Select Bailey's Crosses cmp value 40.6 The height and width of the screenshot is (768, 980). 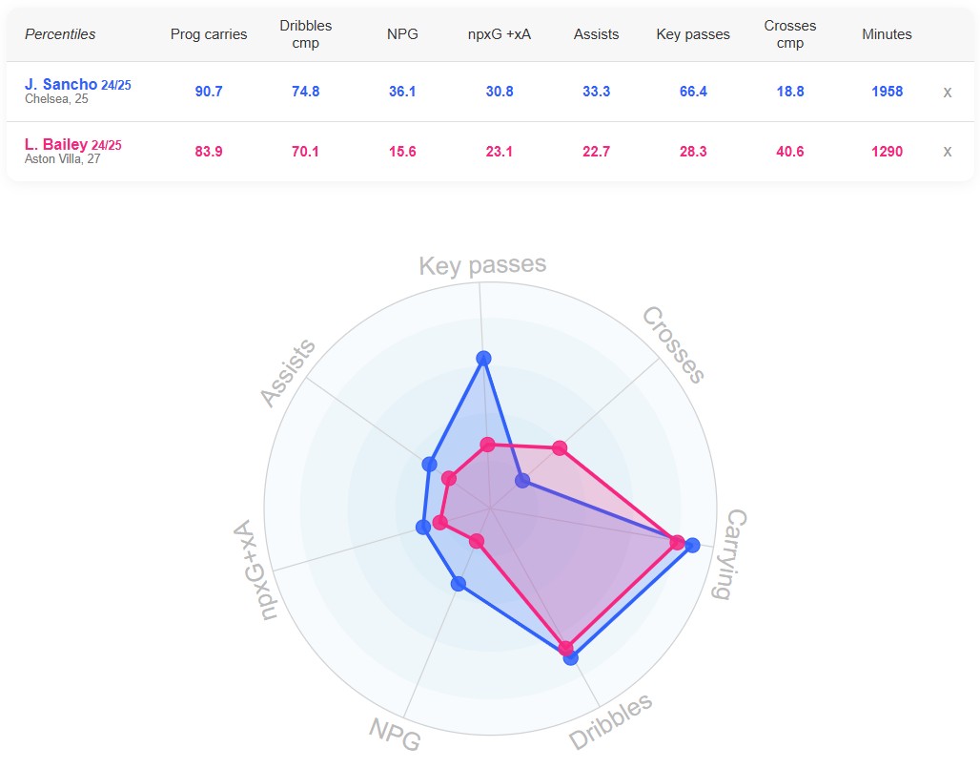(789, 152)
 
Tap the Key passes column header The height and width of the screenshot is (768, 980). (693, 34)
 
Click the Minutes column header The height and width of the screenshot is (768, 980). (887, 34)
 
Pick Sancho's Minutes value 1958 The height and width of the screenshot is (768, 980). (887, 92)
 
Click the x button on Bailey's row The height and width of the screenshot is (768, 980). (947, 152)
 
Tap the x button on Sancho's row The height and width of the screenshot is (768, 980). (947, 93)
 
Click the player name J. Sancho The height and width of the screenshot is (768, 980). (61, 85)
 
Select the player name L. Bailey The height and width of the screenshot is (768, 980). (56, 145)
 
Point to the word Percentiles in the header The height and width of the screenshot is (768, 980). (60, 34)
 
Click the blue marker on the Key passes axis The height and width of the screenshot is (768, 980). (483, 359)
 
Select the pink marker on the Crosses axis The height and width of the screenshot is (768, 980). (560, 447)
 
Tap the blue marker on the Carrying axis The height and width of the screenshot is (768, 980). (692, 546)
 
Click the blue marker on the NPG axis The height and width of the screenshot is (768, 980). (459, 584)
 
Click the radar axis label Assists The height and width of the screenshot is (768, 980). (289, 372)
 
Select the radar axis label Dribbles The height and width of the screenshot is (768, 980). (611, 721)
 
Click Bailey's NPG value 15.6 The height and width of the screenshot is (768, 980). (402, 152)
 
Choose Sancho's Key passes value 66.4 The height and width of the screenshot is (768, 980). (693, 92)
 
